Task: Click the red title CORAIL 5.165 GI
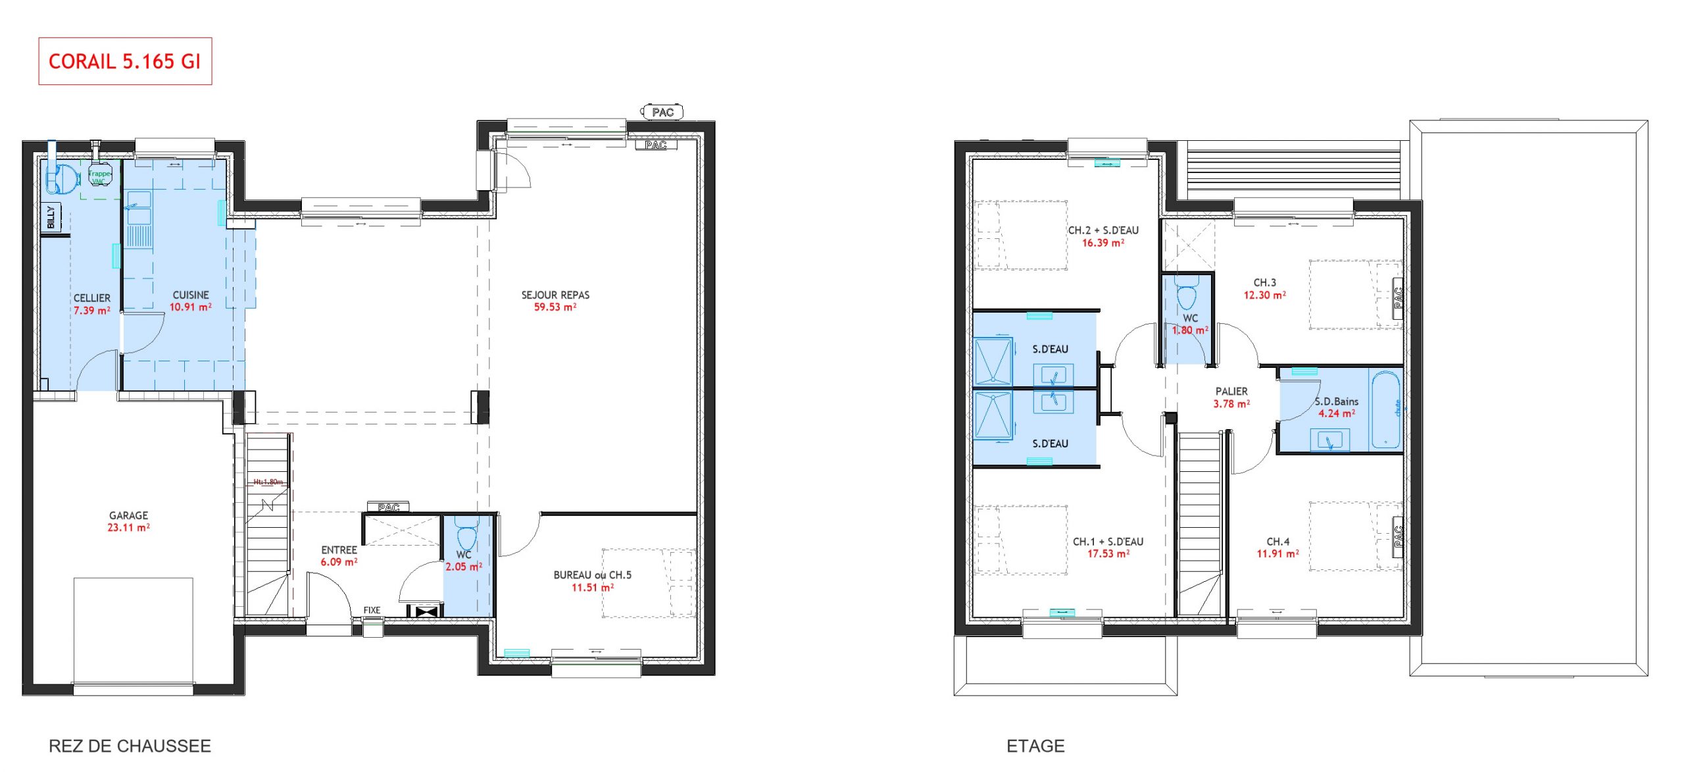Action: click(x=124, y=61)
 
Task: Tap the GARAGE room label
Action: click(x=128, y=515)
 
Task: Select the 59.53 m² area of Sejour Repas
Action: click(x=555, y=307)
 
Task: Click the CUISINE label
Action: click(x=191, y=295)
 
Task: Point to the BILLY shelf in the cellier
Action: click(x=51, y=217)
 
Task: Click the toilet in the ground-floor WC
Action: click(x=466, y=536)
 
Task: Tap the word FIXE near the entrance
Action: click(x=372, y=610)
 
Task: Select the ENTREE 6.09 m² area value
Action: click(x=339, y=562)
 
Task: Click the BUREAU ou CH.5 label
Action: click(x=592, y=575)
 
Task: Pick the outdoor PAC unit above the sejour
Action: click(x=662, y=113)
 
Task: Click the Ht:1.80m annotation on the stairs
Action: click(x=268, y=482)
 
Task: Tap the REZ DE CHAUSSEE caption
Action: click(x=130, y=746)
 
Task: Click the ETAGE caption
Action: click(x=1035, y=746)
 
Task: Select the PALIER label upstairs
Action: click(x=1231, y=391)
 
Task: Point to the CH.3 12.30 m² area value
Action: click(x=1264, y=296)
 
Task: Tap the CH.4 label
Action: click(x=1277, y=542)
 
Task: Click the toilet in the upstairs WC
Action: click(x=1186, y=296)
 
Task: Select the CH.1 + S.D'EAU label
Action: click(x=1108, y=542)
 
